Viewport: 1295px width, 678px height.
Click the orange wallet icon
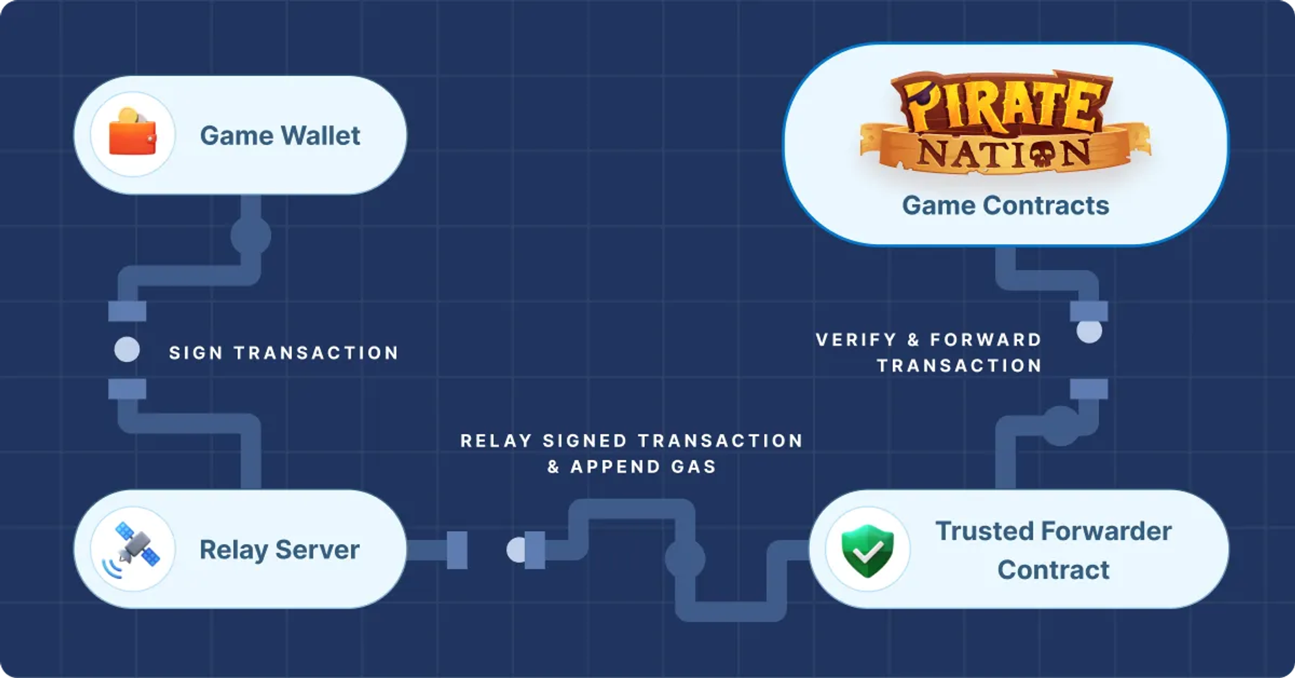point(133,134)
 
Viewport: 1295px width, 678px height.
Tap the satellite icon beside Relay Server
point(133,549)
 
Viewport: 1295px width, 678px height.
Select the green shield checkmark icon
point(868,550)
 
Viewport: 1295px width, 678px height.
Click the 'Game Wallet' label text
point(280,136)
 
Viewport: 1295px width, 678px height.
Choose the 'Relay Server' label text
point(279,550)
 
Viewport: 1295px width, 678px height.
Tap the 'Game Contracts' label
point(1005,205)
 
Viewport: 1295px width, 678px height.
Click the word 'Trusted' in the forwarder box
point(983,531)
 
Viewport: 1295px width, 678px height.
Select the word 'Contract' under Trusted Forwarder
point(1053,570)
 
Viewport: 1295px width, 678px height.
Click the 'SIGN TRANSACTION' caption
point(284,353)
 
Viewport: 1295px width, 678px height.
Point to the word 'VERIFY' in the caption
point(856,339)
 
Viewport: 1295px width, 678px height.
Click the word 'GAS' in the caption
point(693,467)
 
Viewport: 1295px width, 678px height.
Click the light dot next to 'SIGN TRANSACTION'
point(127,350)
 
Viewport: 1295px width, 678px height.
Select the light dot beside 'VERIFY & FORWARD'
point(1089,332)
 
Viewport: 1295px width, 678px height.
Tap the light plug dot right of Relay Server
point(516,550)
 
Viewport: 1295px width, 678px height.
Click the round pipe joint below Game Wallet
point(251,236)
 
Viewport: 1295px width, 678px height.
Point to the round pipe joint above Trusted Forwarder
point(1061,425)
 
